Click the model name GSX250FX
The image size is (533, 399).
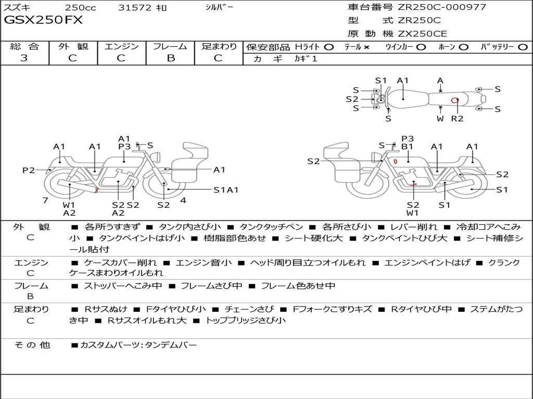point(43,21)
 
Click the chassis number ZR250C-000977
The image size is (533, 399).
point(442,7)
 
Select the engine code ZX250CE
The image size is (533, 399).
point(422,34)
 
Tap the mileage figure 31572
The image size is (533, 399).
point(135,7)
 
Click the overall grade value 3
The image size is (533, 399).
point(24,58)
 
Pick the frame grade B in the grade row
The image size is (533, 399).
point(170,58)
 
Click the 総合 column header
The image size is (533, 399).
point(24,46)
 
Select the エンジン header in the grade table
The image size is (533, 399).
point(121,46)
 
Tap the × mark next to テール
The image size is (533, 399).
point(366,47)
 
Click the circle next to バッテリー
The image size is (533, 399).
point(523,47)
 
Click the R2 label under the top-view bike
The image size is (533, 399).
point(457,119)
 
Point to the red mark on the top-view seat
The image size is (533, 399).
point(454,100)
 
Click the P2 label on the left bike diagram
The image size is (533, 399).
point(28,170)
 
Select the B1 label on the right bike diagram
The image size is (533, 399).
point(407,147)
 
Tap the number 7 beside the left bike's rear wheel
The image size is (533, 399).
point(45,200)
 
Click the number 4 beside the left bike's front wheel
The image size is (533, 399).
point(183,200)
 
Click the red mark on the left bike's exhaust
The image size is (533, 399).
point(96,191)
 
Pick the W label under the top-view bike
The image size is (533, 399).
point(440,119)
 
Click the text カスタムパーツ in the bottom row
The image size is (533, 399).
point(109,344)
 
